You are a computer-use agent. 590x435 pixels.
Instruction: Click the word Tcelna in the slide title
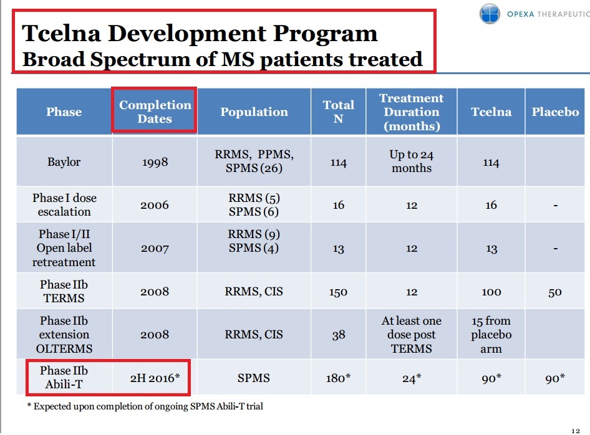tap(61, 33)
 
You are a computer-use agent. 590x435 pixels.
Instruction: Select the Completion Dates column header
tap(155, 112)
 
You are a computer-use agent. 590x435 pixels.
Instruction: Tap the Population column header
tap(254, 112)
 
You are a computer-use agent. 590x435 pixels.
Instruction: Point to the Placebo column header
tap(555, 112)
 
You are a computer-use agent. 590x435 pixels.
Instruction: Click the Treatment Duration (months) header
tap(411, 112)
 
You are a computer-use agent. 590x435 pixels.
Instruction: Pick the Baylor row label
tap(64, 162)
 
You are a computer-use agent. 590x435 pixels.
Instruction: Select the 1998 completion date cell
tap(155, 162)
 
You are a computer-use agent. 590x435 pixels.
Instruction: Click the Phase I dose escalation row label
tap(64, 204)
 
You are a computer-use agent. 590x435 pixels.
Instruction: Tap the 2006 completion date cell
tap(155, 205)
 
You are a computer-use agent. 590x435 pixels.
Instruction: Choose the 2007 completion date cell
tap(155, 249)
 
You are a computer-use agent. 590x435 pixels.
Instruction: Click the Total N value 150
tap(338, 292)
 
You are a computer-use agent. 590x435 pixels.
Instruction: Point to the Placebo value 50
tap(554, 292)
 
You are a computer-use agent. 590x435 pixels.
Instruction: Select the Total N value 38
tap(338, 335)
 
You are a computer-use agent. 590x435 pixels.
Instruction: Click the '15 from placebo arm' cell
tap(491, 335)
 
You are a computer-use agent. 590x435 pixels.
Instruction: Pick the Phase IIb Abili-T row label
tap(64, 378)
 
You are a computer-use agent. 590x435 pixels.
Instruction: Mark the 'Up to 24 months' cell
tap(411, 161)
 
